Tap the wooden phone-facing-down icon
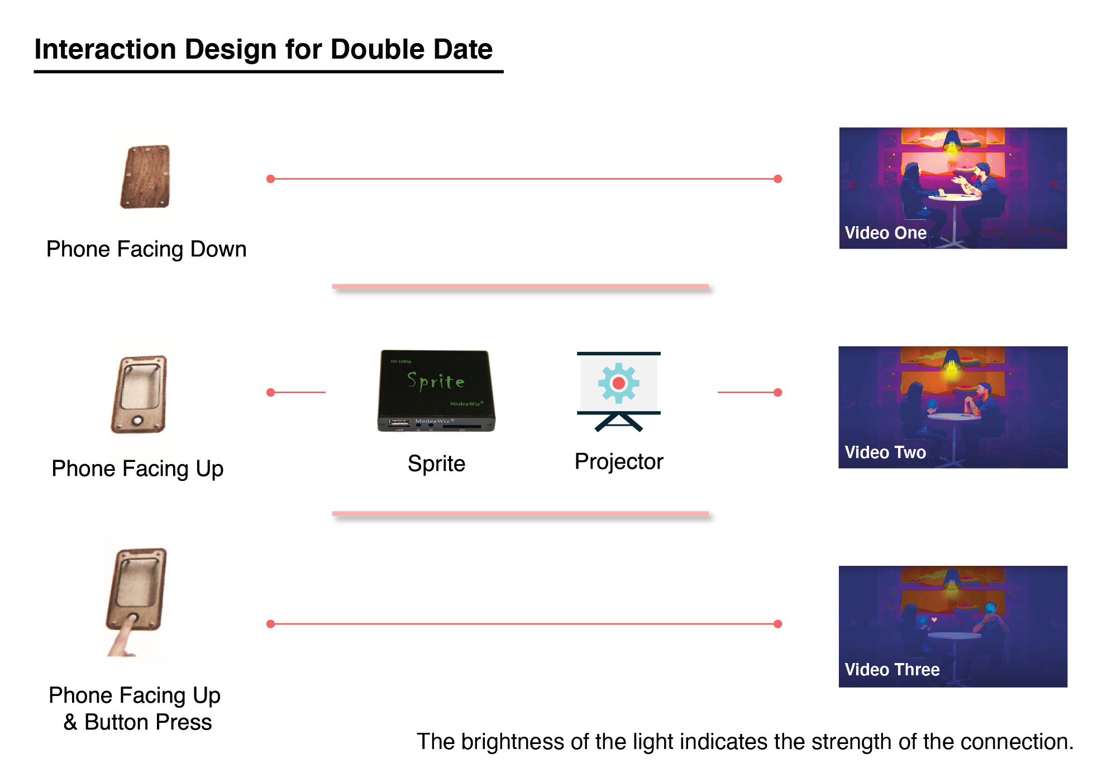click(145, 177)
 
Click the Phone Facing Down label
click(146, 249)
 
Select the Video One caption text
click(885, 233)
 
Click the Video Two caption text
click(885, 452)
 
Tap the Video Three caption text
click(892, 670)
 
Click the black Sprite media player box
click(436, 390)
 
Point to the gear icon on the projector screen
click(618, 383)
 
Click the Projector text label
click(618, 462)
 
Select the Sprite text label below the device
click(436, 464)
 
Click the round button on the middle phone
click(137, 421)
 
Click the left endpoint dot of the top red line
click(271, 179)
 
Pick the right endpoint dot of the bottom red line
click(778, 624)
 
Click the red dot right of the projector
click(778, 393)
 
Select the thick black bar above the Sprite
click(524, 290)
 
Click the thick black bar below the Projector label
click(524, 518)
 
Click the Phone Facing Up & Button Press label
click(135, 709)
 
